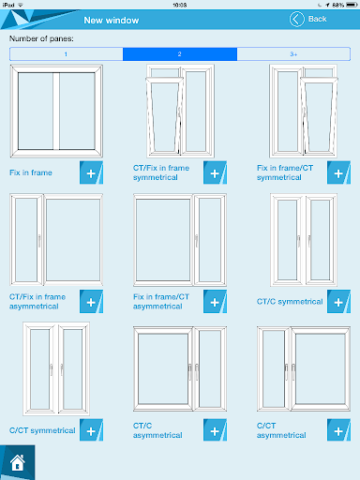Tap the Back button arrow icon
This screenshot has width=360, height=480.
point(296,19)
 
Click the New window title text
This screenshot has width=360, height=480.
point(112,21)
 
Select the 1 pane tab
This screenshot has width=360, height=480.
point(67,54)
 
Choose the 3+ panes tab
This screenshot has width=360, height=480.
point(293,54)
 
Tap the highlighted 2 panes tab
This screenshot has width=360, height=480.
point(180,54)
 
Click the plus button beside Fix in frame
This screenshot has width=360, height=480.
point(91,172)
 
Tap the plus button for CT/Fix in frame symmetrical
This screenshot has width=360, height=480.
point(215,172)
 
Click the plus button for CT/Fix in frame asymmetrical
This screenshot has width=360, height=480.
point(91,302)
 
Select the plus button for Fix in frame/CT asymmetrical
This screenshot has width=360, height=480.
point(215,302)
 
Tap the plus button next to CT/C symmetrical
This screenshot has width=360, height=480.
point(338,302)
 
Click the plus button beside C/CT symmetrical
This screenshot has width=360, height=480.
point(91,430)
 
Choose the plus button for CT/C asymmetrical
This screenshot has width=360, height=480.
point(215,430)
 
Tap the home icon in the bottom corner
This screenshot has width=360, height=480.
point(18,462)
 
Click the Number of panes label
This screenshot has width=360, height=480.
point(41,38)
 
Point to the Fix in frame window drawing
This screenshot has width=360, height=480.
point(56,111)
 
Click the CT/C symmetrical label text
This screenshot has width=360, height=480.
point(290,302)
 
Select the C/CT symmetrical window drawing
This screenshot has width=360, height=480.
point(56,368)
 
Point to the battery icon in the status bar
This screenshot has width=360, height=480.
point(352,5)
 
